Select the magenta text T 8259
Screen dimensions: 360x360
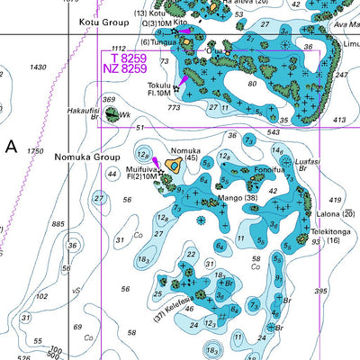click(x=123, y=58)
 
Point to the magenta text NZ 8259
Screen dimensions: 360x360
click(x=123, y=68)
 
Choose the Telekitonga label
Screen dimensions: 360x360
click(x=330, y=231)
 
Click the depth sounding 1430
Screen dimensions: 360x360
click(x=38, y=67)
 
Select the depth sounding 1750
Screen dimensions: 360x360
click(x=34, y=151)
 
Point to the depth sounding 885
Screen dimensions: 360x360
click(x=59, y=224)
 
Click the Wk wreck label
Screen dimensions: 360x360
click(x=126, y=115)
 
